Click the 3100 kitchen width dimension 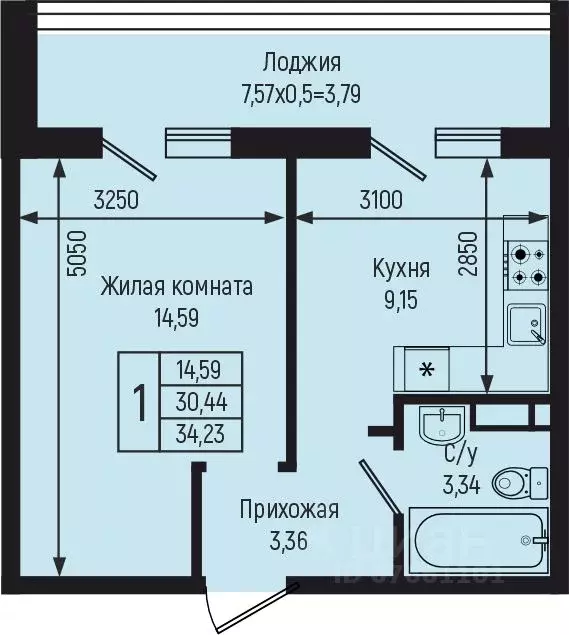click(380, 199)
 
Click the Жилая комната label click(176, 287)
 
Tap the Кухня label click(401, 268)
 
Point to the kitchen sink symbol click(527, 325)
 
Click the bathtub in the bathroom click(478, 541)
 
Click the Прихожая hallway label click(289, 510)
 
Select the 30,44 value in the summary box click(201, 402)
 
